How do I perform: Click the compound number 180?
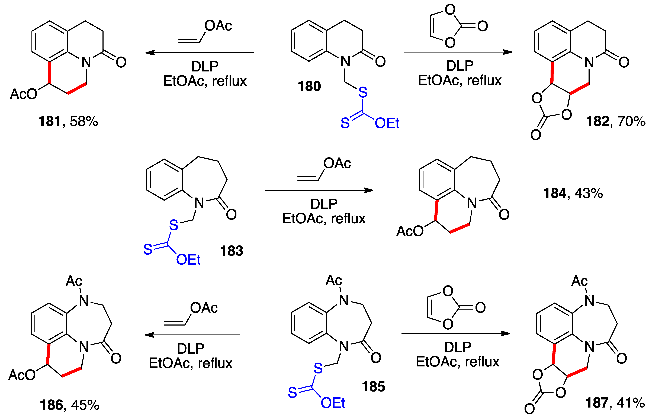click(x=309, y=86)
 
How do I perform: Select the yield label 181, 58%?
click(x=68, y=121)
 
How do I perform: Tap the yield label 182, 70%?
click(x=615, y=121)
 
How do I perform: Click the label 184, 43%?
click(x=573, y=193)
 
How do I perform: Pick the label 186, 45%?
click(x=70, y=405)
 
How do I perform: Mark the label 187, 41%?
click(x=615, y=403)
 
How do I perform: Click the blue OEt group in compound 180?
click(x=387, y=123)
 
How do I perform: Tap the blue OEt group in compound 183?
click(x=188, y=260)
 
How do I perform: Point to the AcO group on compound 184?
click(x=410, y=231)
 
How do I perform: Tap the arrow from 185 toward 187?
click(x=455, y=333)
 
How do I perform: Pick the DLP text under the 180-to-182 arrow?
click(x=460, y=66)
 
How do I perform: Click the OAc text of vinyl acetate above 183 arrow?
click(x=337, y=163)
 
